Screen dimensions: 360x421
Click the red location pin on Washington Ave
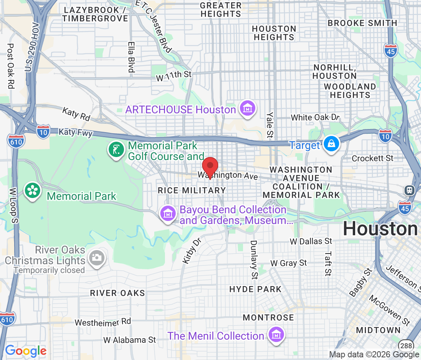[210, 167]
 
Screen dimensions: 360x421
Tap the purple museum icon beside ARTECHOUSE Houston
[247, 109]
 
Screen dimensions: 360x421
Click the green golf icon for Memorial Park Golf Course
[115, 150]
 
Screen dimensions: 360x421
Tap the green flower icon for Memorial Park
[33, 191]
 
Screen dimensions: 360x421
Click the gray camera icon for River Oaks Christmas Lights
[96, 257]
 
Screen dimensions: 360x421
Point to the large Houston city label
[380, 229]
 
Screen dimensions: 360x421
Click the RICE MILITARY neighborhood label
[192, 190]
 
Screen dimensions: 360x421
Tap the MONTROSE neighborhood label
[268, 317]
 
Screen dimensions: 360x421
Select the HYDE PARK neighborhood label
[255, 289]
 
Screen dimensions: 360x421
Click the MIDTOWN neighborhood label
[378, 330]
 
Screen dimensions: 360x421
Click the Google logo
[26, 350]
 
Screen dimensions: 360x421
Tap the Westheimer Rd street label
[103, 322]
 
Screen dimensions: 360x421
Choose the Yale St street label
[270, 124]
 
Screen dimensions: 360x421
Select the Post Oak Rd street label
[11, 66]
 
